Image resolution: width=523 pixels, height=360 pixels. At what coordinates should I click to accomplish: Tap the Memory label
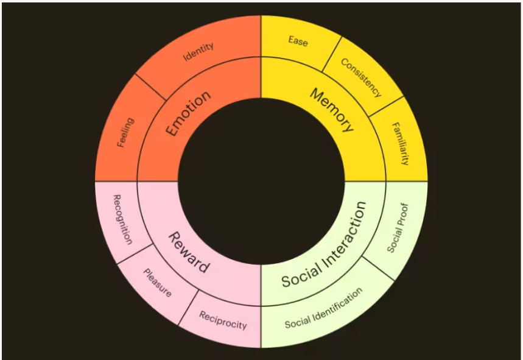(x=332, y=110)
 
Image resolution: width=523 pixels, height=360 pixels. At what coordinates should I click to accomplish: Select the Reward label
(x=189, y=253)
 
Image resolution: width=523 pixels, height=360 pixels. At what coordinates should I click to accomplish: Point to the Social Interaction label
(x=324, y=244)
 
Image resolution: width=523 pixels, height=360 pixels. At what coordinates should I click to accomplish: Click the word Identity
(x=198, y=52)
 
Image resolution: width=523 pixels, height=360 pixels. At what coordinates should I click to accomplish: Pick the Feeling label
(x=126, y=132)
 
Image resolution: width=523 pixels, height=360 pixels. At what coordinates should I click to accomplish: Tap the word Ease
(x=298, y=41)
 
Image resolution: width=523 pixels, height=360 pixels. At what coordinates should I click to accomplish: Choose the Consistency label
(x=361, y=78)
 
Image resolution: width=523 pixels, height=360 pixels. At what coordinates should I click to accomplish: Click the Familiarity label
(x=399, y=144)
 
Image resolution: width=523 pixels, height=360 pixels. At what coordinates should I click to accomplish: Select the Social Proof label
(x=398, y=228)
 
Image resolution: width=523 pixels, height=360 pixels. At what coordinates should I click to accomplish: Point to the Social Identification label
(x=323, y=308)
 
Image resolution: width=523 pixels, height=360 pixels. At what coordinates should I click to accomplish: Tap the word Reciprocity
(x=223, y=320)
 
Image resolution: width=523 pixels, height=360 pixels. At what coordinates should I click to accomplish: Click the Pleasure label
(x=158, y=283)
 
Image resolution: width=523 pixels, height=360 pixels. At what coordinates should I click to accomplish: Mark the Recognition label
(x=123, y=219)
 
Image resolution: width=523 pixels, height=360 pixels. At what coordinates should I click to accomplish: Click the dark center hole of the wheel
(x=261, y=182)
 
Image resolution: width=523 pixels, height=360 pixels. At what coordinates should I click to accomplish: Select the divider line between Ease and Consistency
(x=332, y=54)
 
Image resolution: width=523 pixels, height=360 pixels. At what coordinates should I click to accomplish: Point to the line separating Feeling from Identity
(x=151, y=87)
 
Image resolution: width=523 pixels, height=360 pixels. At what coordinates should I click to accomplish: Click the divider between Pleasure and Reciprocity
(x=189, y=307)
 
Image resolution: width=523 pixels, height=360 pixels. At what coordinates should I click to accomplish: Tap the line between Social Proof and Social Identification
(x=378, y=269)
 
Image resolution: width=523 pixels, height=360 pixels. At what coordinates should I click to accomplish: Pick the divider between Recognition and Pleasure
(x=135, y=254)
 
